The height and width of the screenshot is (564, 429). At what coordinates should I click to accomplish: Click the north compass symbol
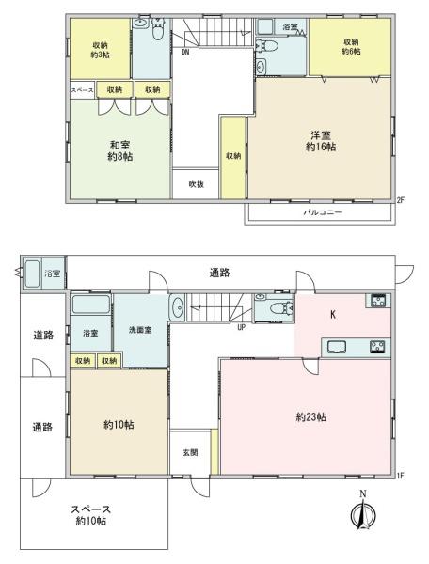pos(363,511)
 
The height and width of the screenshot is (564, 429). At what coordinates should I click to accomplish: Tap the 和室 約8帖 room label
pos(120,150)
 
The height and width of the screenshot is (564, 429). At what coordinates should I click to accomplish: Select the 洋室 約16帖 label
pos(321,141)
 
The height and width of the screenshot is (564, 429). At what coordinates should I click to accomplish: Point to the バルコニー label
pos(323,212)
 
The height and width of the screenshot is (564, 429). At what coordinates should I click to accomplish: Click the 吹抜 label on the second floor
pos(196,184)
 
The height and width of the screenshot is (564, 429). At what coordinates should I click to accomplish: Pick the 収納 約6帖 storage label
pos(351,46)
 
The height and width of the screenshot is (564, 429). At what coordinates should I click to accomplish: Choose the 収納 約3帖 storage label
pos(100,50)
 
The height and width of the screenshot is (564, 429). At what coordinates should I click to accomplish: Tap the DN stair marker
pos(185,52)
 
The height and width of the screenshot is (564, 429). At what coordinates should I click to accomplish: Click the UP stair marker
pos(241,327)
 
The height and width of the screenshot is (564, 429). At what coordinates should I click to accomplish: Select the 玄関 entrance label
pos(190,452)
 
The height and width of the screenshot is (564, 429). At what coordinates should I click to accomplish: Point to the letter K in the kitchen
pos(333,315)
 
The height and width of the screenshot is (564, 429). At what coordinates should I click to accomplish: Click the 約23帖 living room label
pos(311,416)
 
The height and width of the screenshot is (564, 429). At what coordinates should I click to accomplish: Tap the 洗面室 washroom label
pos(140,330)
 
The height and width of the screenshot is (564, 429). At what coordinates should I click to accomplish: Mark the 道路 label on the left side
pos(43,336)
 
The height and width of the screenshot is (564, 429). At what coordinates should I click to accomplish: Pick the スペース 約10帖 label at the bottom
pos(90,515)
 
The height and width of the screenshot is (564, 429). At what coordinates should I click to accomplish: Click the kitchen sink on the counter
pos(337,347)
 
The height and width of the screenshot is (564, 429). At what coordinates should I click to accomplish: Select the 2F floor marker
pos(400,200)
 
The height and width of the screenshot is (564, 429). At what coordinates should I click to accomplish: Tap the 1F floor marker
pos(400,476)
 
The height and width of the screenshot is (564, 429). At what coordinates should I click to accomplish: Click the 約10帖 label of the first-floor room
pos(119,425)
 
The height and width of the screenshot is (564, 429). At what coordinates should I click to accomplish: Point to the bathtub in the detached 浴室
pos(32,274)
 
